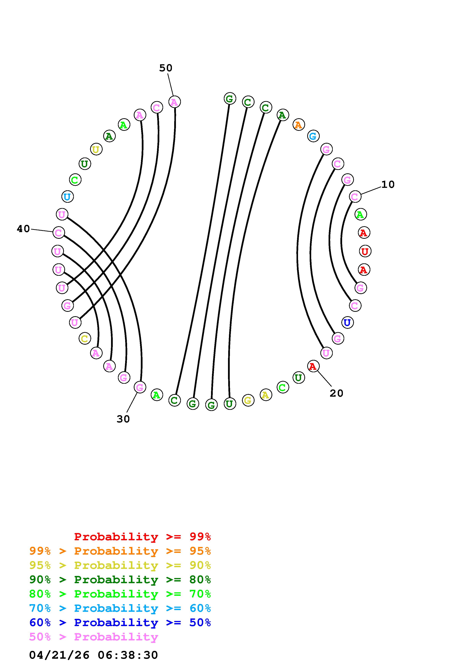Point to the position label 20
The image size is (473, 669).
336,393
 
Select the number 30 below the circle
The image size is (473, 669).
123,419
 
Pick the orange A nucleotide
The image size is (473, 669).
298,125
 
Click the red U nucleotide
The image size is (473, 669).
365,251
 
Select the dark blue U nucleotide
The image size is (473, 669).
347,322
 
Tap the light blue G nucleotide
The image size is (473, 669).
313,136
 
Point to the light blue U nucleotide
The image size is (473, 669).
67,197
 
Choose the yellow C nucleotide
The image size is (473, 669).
85,339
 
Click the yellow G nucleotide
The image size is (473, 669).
248,400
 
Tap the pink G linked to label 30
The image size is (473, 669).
140,388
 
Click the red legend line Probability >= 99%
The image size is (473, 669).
142,537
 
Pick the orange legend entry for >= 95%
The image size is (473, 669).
120,551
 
